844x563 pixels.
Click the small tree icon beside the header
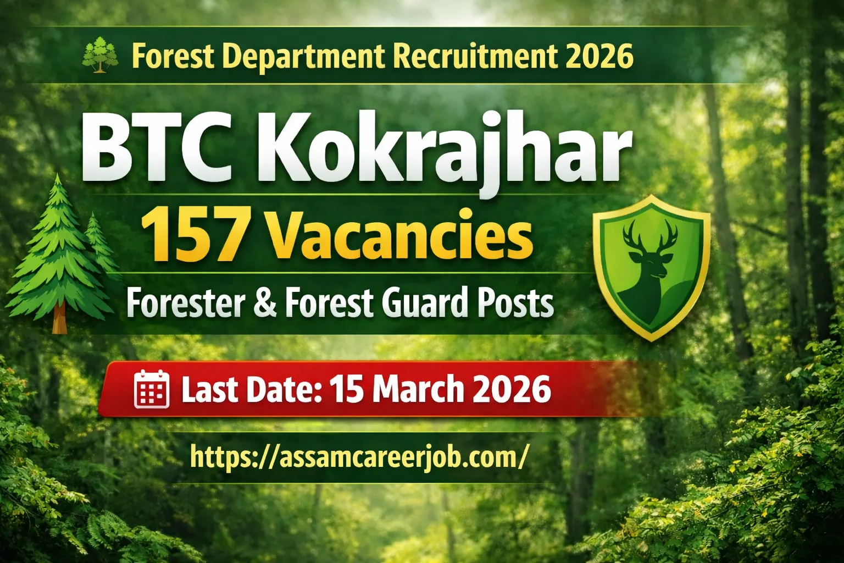pos(100,55)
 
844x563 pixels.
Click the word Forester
pos(186,303)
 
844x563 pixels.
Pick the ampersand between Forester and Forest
pos(265,303)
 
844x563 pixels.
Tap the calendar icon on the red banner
pos(152,389)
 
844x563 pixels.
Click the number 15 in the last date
pos(347,389)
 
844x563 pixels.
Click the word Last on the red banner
pos(209,389)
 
